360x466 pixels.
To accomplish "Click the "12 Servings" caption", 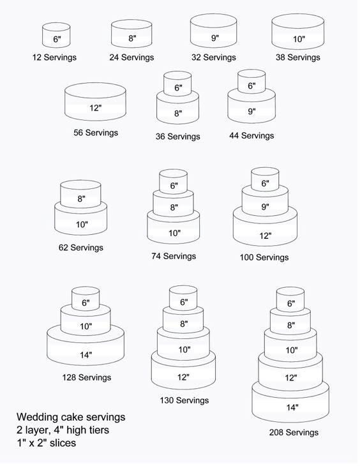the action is (x=54, y=57).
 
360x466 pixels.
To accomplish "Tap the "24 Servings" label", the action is (x=131, y=57).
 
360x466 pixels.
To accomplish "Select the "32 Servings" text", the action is (x=213, y=57).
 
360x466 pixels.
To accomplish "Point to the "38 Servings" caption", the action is (x=298, y=57).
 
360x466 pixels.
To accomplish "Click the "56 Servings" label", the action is (x=96, y=133).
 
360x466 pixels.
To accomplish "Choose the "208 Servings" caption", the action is (x=294, y=432).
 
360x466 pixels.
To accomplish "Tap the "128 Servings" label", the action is (x=87, y=377).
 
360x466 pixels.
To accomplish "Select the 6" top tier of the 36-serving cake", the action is (x=177, y=84).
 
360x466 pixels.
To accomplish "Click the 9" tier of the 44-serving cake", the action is (x=251, y=109).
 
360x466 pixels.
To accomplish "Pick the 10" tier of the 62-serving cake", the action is (x=80, y=222).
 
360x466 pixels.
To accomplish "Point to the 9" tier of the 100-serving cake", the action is (x=265, y=202).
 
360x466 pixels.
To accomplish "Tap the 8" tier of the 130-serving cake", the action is (x=183, y=322).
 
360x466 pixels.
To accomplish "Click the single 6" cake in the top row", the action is (x=56, y=35).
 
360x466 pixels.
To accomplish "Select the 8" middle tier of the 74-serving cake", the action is (x=174, y=204).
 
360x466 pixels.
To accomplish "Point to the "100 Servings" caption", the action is (x=264, y=257).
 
